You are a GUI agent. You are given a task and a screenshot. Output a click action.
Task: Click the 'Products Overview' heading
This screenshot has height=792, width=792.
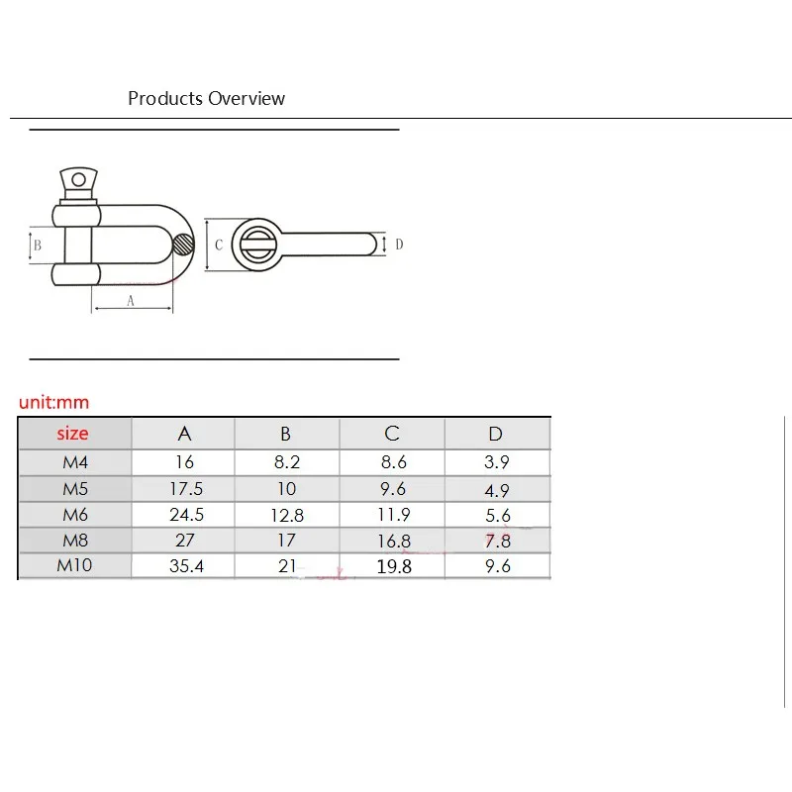[x=206, y=98]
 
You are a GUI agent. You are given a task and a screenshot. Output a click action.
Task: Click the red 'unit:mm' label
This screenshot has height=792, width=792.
[x=54, y=403]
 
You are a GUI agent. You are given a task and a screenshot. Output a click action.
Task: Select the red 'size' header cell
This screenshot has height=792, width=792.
[x=72, y=434]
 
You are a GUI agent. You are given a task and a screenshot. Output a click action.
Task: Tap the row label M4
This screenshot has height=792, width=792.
[x=73, y=462]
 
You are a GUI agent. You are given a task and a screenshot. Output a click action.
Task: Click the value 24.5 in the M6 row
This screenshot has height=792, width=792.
[x=184, y=515]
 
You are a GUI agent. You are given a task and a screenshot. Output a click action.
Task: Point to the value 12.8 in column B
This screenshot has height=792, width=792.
[x=286, y=515]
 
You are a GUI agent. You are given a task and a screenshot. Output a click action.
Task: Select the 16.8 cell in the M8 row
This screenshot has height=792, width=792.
[x=392, y=542]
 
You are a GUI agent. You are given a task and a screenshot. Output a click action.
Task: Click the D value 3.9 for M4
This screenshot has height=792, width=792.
[x=496, y=462]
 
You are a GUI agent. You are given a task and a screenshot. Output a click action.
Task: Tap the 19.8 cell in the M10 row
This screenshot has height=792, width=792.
[x=392, y=567]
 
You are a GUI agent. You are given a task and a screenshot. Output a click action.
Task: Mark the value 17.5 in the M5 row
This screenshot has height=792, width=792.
[x=184, y=488]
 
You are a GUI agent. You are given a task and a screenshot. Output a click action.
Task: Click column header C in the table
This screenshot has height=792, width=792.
[x=392, y=434]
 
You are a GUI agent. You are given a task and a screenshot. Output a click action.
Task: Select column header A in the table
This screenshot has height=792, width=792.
[x=184, y=434]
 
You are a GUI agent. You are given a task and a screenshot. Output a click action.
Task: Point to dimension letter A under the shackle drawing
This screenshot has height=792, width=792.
[x=130, y=302]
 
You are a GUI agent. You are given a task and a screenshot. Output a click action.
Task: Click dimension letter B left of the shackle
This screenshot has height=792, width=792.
[x=37, y=245]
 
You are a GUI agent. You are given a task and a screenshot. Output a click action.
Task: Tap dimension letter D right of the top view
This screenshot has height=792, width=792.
[x=399, y=244]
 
